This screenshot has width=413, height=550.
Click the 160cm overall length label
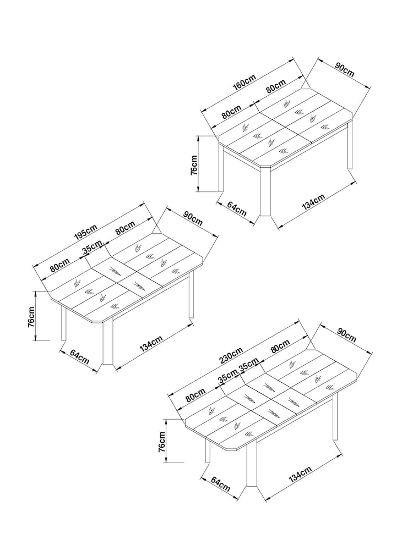245,84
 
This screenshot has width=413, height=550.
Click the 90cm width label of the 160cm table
345,69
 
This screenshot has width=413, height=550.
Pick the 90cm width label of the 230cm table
346,334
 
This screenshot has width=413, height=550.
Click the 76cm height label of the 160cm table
193,166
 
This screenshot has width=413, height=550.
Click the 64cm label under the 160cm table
237,208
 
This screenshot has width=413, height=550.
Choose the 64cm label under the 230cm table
221,483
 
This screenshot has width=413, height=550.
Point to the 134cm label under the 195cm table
151,343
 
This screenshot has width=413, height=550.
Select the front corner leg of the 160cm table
265,191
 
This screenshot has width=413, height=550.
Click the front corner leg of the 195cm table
108,342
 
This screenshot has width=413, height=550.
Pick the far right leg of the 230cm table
335,416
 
